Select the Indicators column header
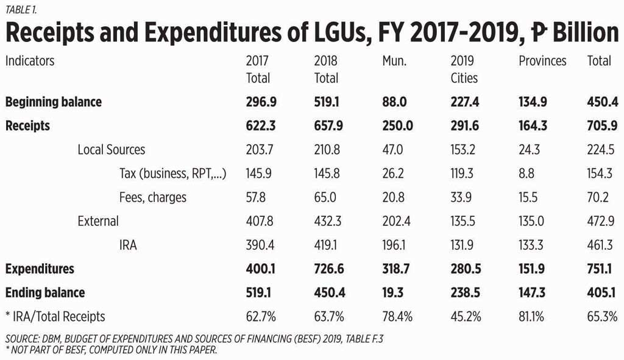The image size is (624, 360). pos(30,61)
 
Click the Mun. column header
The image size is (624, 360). pos(394,61)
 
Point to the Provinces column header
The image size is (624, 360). pos(542,61)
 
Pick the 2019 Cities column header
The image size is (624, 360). pos(464,69)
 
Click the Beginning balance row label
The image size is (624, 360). pos(54,102)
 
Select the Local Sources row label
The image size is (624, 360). pos(112,149)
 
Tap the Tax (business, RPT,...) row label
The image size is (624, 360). pos(173,174)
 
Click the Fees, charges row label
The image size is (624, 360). pos(153,197)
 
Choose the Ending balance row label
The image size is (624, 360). pos(45,292)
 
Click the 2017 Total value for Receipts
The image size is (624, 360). pos(259,126)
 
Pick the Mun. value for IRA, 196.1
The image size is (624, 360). pos(393,245)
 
